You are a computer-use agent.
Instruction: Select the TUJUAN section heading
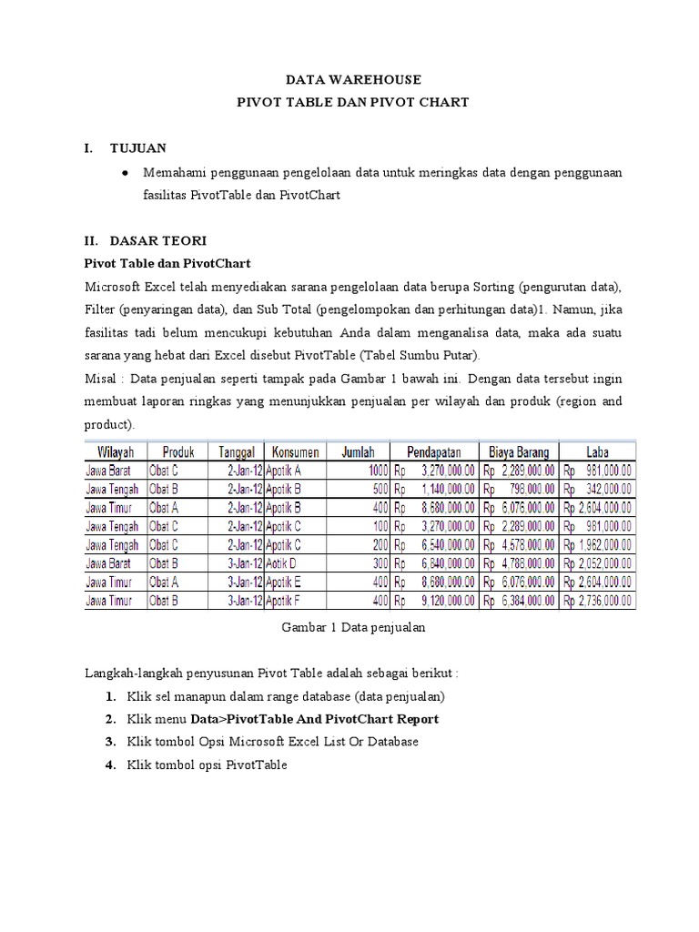[137, 147]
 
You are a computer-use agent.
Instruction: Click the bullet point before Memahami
[123, 172]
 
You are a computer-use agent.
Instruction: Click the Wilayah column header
[110, 452]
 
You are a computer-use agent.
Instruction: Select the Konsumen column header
[294, 452]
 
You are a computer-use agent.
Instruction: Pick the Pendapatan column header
[433, 452]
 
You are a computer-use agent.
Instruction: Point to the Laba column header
[598, 452]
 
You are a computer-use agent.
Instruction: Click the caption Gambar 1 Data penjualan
[354, 627]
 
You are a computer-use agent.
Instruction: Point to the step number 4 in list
[109, 765]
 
